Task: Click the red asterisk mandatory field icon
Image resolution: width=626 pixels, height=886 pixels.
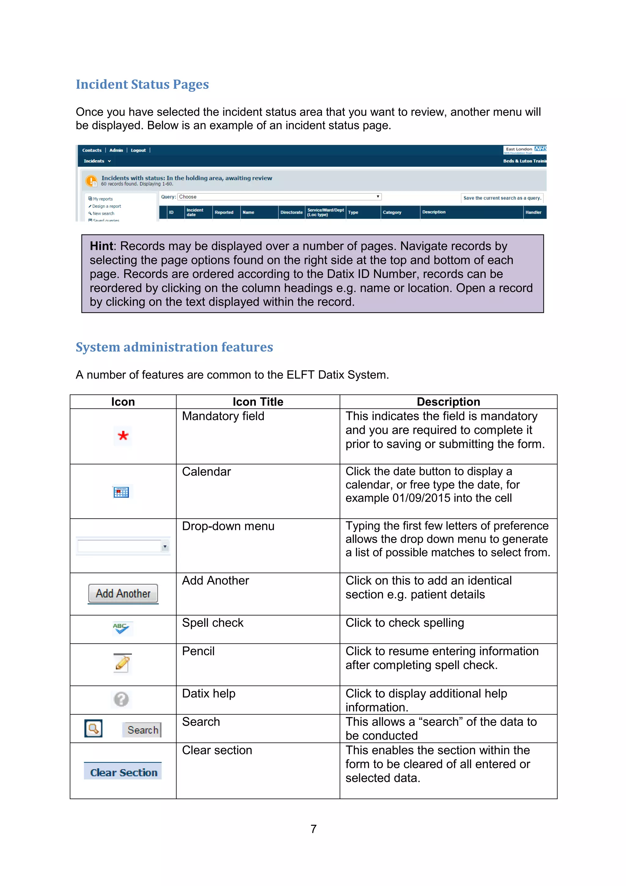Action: coord(123,436)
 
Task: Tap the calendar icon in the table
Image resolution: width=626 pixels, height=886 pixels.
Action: coord(121,492)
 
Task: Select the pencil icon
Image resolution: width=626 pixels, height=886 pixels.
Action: coord(122,664)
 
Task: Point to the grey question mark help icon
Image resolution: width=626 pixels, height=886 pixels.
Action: coord(121,699)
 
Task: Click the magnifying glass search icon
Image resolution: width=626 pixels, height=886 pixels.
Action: coord(93,728)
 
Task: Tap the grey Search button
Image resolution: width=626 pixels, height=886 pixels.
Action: coord(142,730)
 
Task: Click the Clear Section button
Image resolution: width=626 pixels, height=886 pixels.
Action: coord(123,772)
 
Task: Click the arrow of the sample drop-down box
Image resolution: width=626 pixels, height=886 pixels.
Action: coord(165,546)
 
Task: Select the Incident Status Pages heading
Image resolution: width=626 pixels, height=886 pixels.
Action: coord(142,84)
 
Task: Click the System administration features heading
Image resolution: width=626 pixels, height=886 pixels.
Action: coord(174,347)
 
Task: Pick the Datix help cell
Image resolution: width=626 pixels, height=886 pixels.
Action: coord(208,694)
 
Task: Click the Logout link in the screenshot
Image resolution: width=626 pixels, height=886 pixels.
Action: coord(138,151)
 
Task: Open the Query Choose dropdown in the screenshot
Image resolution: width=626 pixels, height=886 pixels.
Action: coord(279,197)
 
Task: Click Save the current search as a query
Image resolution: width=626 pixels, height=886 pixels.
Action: coord(502,198)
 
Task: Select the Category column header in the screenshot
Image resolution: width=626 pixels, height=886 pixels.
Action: coord(392,212)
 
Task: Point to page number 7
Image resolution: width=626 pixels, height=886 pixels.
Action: coord(313,828)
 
